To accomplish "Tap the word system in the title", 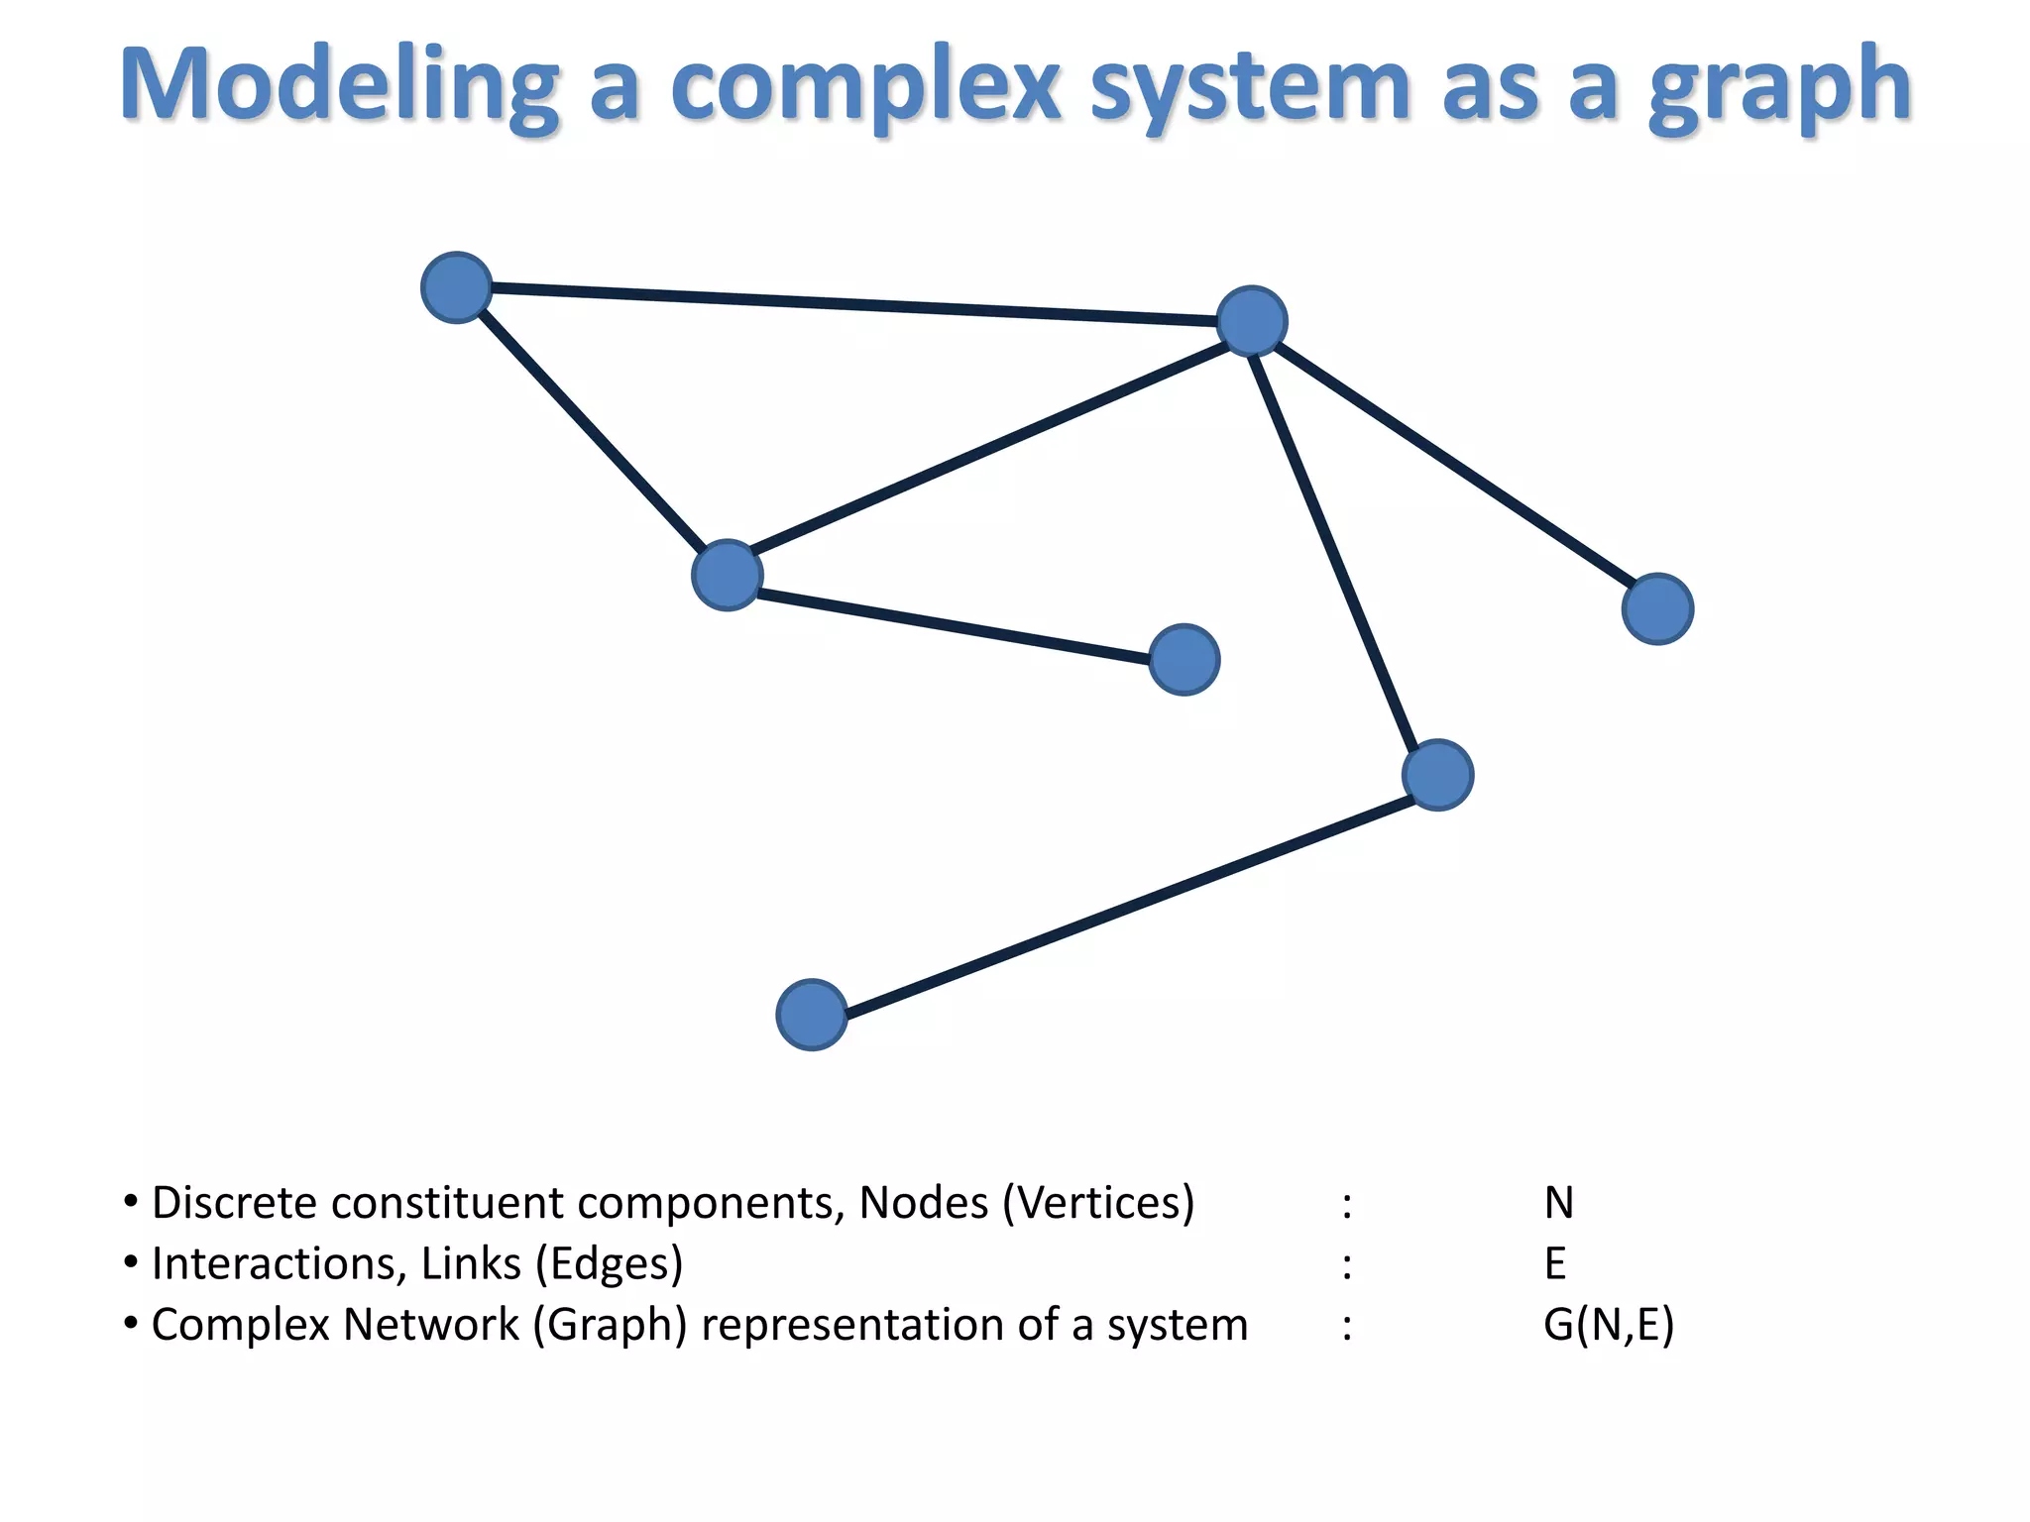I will (x=1249, y=87).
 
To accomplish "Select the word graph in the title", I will (x=1779, y=87).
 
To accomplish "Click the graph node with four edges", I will (x=1252, y=321).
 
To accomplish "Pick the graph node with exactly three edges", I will (x=728, y=575).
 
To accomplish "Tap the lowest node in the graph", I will (x=812, y=1015).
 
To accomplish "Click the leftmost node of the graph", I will (x=457, y=287).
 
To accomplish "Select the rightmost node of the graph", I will (x=1657, y=608).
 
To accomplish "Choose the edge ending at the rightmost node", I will (x=1455, y=465).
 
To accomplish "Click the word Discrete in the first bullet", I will (x=234, y=1203).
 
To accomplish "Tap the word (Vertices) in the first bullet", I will (x=1098, y=1203).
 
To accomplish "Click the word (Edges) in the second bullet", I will (x=609, y=1264).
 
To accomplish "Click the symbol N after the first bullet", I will (x=1558, y=1203).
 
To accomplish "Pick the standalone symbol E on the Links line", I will (x=1555, y=1264).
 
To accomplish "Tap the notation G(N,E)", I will (x=1608, y=1325).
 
